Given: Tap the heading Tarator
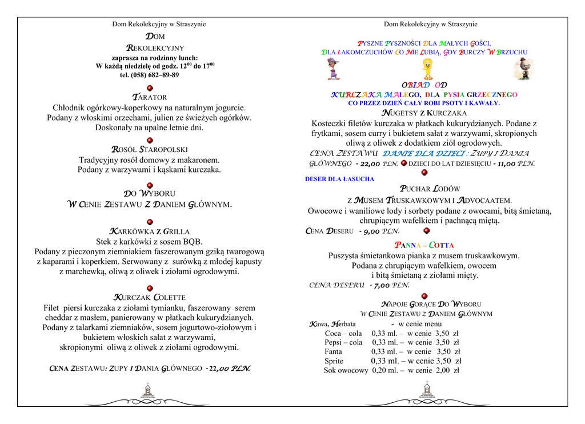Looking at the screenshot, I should [x=150, y=97].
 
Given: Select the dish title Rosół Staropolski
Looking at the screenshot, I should [x=150, y=150].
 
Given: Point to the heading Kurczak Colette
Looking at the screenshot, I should [x=150, y=297].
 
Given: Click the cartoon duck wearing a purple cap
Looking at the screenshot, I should [x=333, y=69].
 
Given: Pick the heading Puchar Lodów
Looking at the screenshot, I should [x=430, y=189].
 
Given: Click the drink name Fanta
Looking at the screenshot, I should [x=333, y=351].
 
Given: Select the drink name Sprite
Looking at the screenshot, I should [x=334, y=361].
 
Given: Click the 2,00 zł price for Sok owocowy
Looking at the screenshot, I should [x=448, y=370].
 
